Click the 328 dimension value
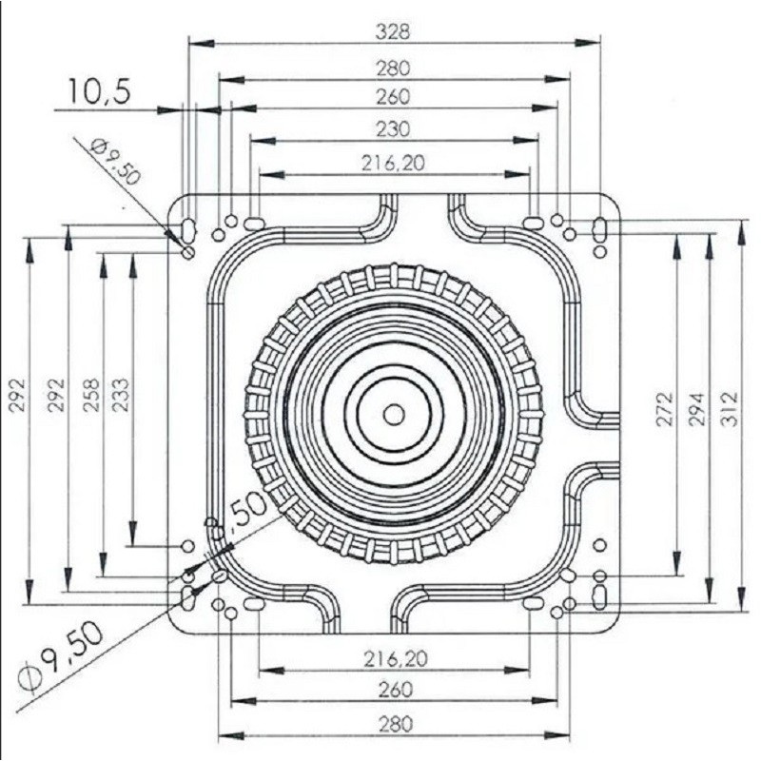pyautogui.click(x=393, y=32)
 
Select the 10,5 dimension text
pyautogui.click(x=100, y=91)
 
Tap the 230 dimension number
pyautogui.click(x=393, y=129)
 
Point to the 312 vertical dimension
pyautogui.click(x=729, y=409)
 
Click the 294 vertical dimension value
pyautogui.click(x=696, y=409)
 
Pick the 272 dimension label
pyautogui.click(x=665, y=409)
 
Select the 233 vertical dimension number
pyautogui.click(x=121, y=395)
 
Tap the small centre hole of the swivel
pyautogui.click(x=394, y=415)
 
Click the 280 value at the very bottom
pyautogui.click(x=394, y=724)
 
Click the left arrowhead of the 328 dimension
pyautogui.click(x=201, y=43)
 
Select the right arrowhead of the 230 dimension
pyautogui.click(x=526, y=141)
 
